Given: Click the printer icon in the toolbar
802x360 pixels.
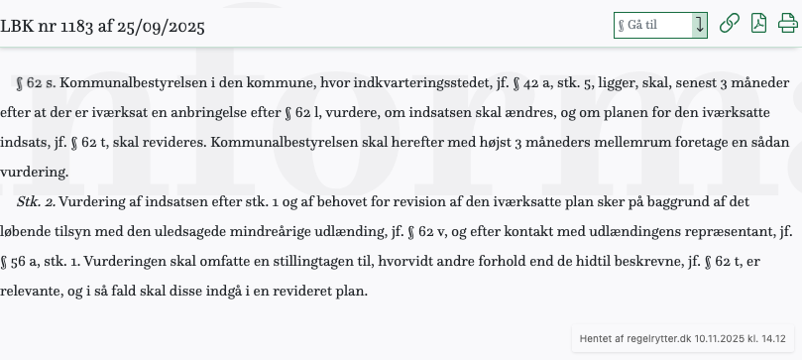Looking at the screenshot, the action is coord(787,24).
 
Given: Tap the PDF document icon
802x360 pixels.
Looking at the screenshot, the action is coord(758,24).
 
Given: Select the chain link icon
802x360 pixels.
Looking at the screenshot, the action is coord(729,24).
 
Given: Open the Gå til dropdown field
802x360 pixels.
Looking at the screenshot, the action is coord(659,25).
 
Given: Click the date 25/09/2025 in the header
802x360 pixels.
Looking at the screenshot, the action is coord(162,26).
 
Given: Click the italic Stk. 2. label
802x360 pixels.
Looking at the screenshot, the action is coord(36,202).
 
